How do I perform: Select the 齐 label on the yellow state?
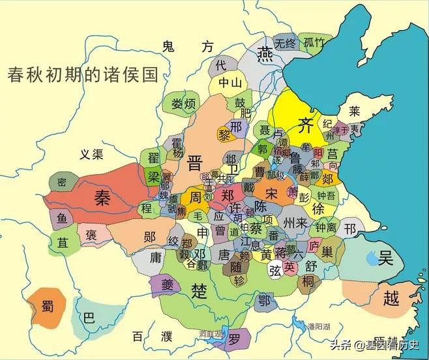click(x=305, y=124)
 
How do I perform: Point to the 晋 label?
click(x=194, y=161)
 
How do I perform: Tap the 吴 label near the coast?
click(x=386, y=259)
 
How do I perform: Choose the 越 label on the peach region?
click(x=390, y=299)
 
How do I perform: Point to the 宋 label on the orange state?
click(x=271, y=193)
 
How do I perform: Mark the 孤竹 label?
click(x=314, y=44)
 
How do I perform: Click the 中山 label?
click(x=230, y=83)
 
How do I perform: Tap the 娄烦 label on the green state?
click(x=183, y=104)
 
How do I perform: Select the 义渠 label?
click(x=92, y=155)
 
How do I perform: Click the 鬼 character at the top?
click(x=169, y=46)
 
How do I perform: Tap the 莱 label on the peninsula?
click(x=355, y=111)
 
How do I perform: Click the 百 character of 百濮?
click(x=138, y=337)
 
